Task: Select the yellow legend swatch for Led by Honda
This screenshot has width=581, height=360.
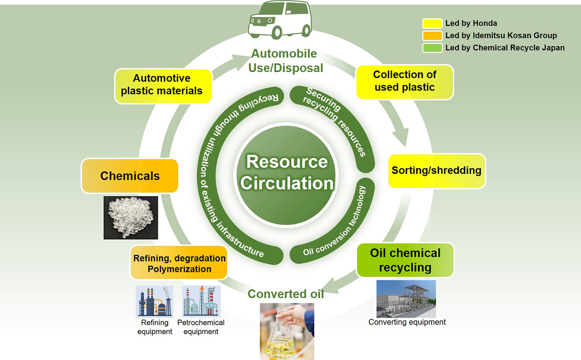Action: click(432, 23)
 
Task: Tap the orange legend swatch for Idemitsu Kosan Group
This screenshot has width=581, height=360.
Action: click(432, 36)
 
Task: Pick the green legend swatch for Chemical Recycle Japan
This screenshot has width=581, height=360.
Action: click(432, 48)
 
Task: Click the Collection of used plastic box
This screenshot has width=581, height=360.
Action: click(405, 82)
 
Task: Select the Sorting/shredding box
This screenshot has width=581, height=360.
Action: click(437, 171)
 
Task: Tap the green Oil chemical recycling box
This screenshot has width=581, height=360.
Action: click(405, 260)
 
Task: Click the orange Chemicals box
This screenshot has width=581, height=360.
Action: click(130, 176)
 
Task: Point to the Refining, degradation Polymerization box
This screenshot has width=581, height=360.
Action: click(179, 263)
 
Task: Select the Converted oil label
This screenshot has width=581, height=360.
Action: click(286, 294)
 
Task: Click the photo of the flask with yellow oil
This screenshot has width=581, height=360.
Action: click(287, 331)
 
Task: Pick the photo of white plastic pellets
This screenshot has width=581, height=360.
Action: click(130, 217)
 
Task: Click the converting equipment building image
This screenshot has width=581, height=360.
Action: click(406, 299)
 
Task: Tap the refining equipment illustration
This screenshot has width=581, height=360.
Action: click(155, 301)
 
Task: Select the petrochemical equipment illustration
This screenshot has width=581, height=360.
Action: click(201, 301)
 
